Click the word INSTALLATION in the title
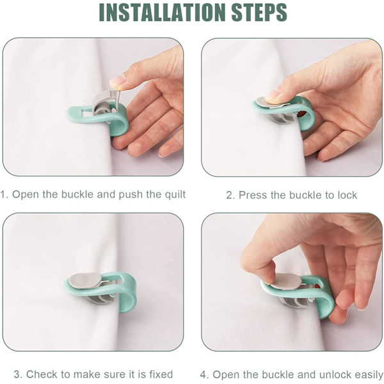point(162,12)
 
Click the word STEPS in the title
point(259,12)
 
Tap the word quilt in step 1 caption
point(175,195)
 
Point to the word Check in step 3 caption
point(42,374)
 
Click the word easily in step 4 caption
point(369,375)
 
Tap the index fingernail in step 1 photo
point(117,82)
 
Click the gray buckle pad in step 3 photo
point(84,280)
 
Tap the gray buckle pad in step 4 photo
point(285,282)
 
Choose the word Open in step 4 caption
point(223,375)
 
